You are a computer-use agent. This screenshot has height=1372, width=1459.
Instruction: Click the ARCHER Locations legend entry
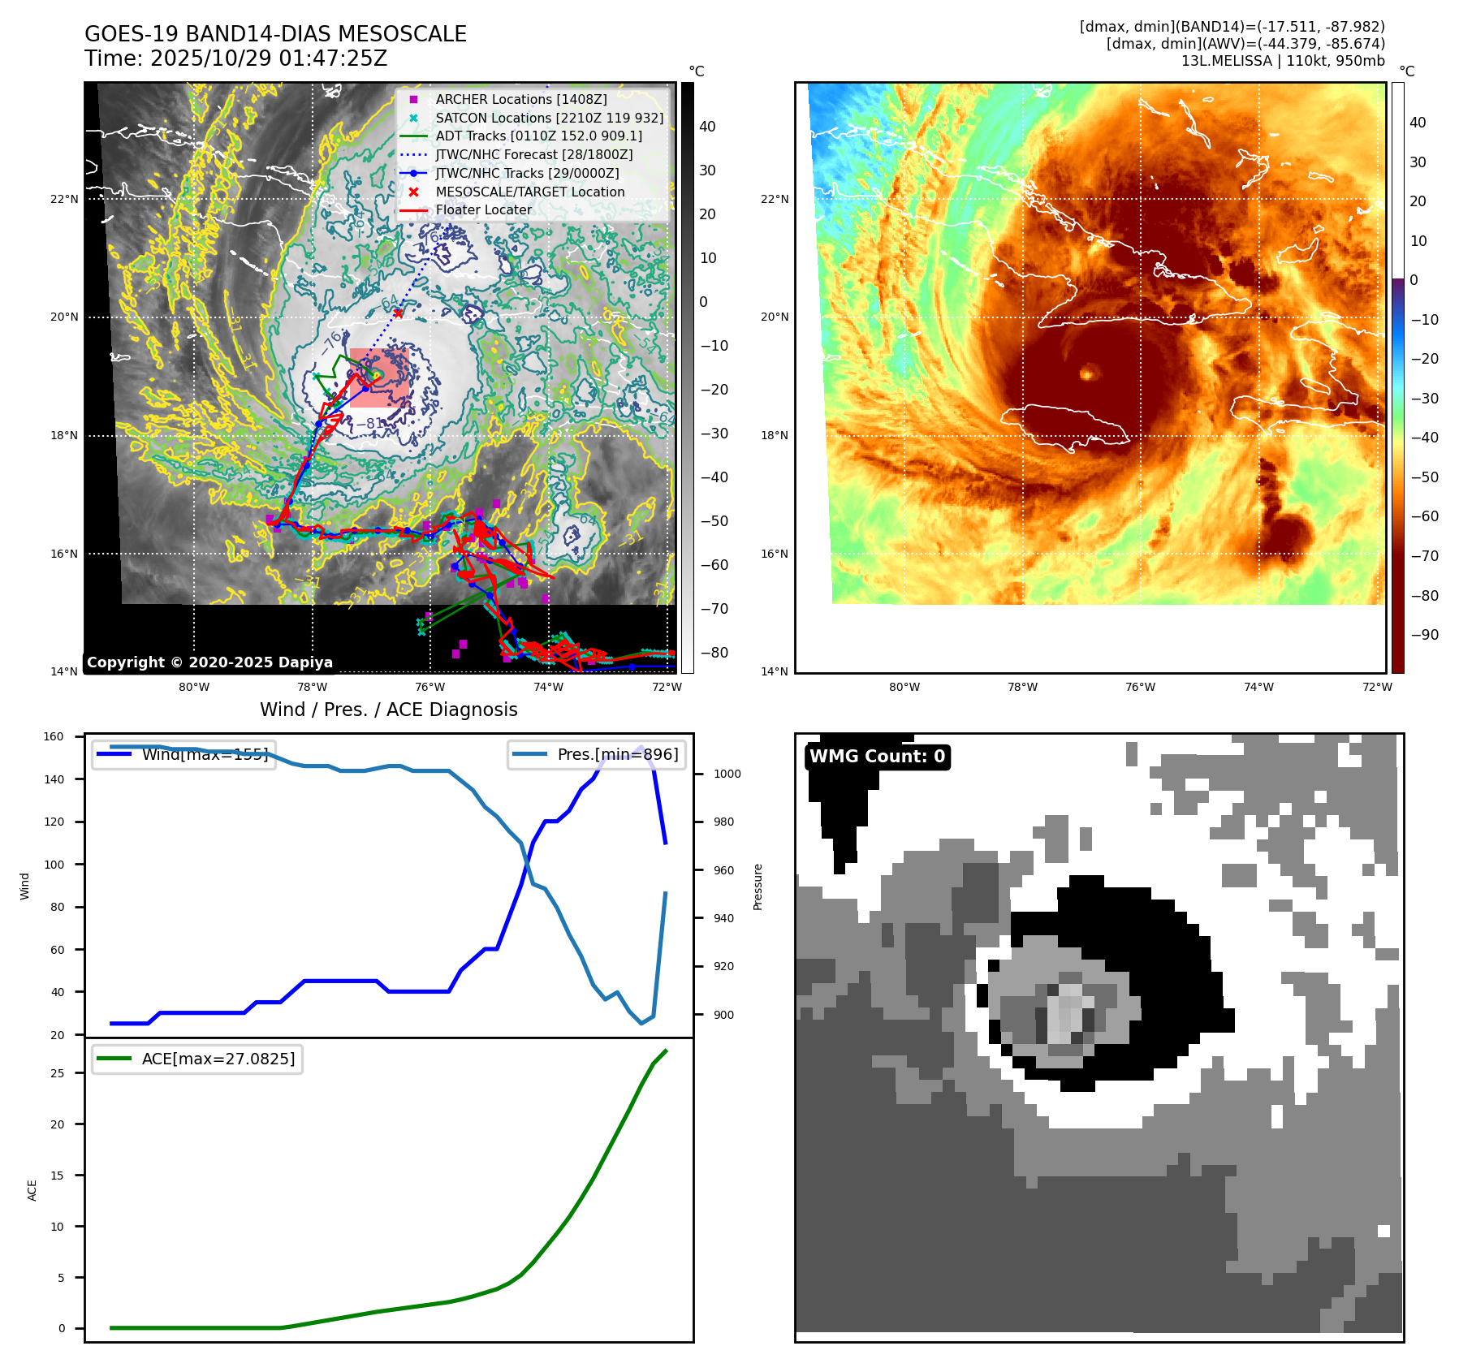coord(520,99)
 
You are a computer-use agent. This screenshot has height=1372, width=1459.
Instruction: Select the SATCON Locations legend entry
coord(549,118)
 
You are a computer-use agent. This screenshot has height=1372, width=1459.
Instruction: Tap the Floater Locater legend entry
coord(483,209)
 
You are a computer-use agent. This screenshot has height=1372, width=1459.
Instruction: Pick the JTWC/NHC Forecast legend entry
coord(533,154)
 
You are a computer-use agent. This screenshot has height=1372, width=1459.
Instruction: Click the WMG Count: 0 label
coord(877,757)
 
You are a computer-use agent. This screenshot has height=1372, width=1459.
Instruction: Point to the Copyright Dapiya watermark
coord(209,662)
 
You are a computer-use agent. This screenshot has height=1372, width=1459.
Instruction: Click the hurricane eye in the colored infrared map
coord(1087,373)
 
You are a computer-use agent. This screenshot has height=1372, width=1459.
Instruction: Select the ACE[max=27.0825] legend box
coord(197,1059)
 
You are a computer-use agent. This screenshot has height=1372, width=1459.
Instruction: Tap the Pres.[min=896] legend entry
coord(597,754)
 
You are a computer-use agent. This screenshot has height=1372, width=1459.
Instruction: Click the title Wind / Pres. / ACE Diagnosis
coord(388,710)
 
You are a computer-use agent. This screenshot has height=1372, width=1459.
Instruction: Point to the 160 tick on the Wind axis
coord(54,737)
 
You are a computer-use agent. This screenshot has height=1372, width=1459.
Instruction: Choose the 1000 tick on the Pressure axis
coord(727,774)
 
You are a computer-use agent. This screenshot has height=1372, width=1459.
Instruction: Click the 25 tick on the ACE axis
coord(57,1073)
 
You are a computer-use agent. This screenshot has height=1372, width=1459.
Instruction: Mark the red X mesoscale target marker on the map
coord(398,313)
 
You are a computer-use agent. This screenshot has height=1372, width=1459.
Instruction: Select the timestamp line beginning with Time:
coord(235,58)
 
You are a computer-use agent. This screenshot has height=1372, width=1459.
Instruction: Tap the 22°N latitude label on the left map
coord(64,199)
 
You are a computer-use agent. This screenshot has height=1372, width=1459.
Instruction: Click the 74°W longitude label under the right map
coord(1258,687)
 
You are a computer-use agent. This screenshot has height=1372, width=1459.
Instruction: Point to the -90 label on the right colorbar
coord(1424,635)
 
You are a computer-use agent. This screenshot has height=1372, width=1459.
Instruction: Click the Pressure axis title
coord(758,887)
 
